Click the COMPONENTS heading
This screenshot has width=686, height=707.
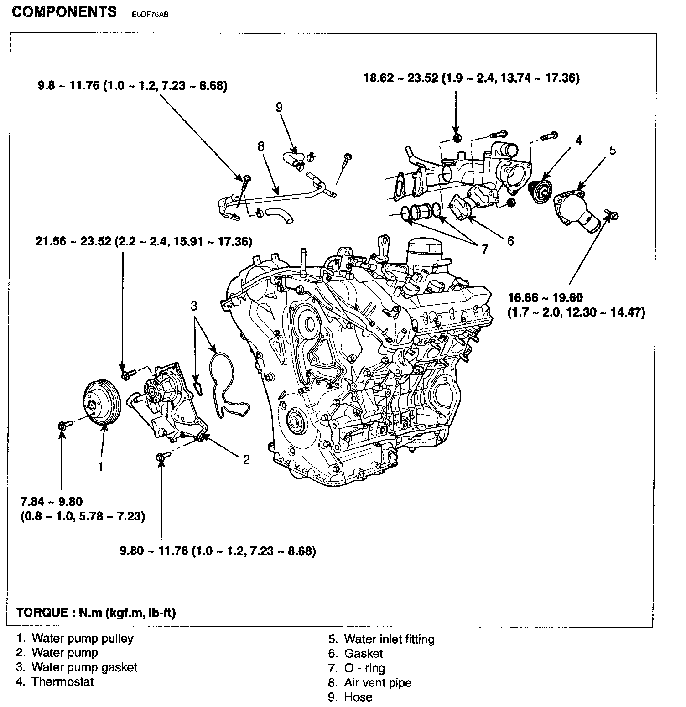pyautogui.click(x=64, y=12)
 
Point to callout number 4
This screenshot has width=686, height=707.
pyautogui.click(x=578, y=140)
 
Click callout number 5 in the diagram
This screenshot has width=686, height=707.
pyautogui.click(x=613, y=150)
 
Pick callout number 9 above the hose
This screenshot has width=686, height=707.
pyautogui.click(x=279, y=107)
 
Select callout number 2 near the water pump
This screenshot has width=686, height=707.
pyautogui.click(x=246, y=459)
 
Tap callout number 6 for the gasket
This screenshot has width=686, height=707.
pyautogui.click(x=510, y=241)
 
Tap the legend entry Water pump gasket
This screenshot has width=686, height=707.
pyautogui.click(x=84, y=667)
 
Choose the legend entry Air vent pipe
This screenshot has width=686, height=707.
pyautogui.click(x=377, y=682)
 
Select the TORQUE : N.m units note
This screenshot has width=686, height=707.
pyautogui.click(x=96, y=612)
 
